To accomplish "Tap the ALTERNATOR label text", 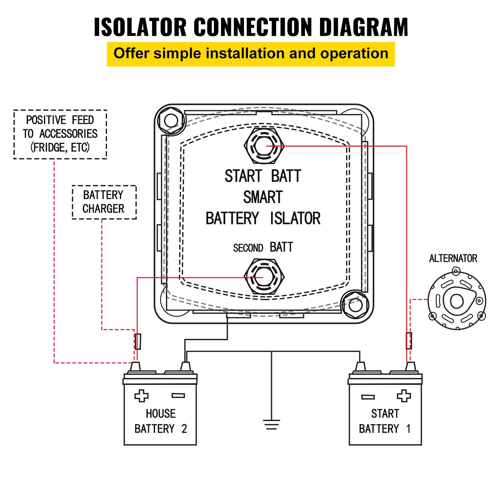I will pyautogui.click(x=453, y=259).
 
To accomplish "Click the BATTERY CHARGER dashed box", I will pyautogui.click(x=104, y=202).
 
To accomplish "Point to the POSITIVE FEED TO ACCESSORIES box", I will pyautogui.click(x=60, y=134).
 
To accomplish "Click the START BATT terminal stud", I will pyautogui.click(x=264, y=146).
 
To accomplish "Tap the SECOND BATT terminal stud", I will pyautogui.click(x=264, y=277).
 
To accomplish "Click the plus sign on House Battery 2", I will pyautogui.click(x=141, y=396).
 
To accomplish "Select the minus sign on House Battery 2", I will pyautogui.click(x=178, y=396).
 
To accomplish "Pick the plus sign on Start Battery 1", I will pyautogui.click(x=403, y=396).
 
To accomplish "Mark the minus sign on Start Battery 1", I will pyautogui.click(x=368, y=397).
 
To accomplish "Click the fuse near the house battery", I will pyautogui.click(x=138, y=341).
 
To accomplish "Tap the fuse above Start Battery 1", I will pyautogui.click(x=409, y=341).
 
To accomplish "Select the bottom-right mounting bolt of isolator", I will pyautogui.click(x=355, y=305).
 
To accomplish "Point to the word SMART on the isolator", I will pyautogui.click(x=263, y=197).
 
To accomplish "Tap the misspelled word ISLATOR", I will pyautogui.click(x=295, y=219).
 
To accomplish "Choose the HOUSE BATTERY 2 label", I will pyautogui.click(x=160, y=421).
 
